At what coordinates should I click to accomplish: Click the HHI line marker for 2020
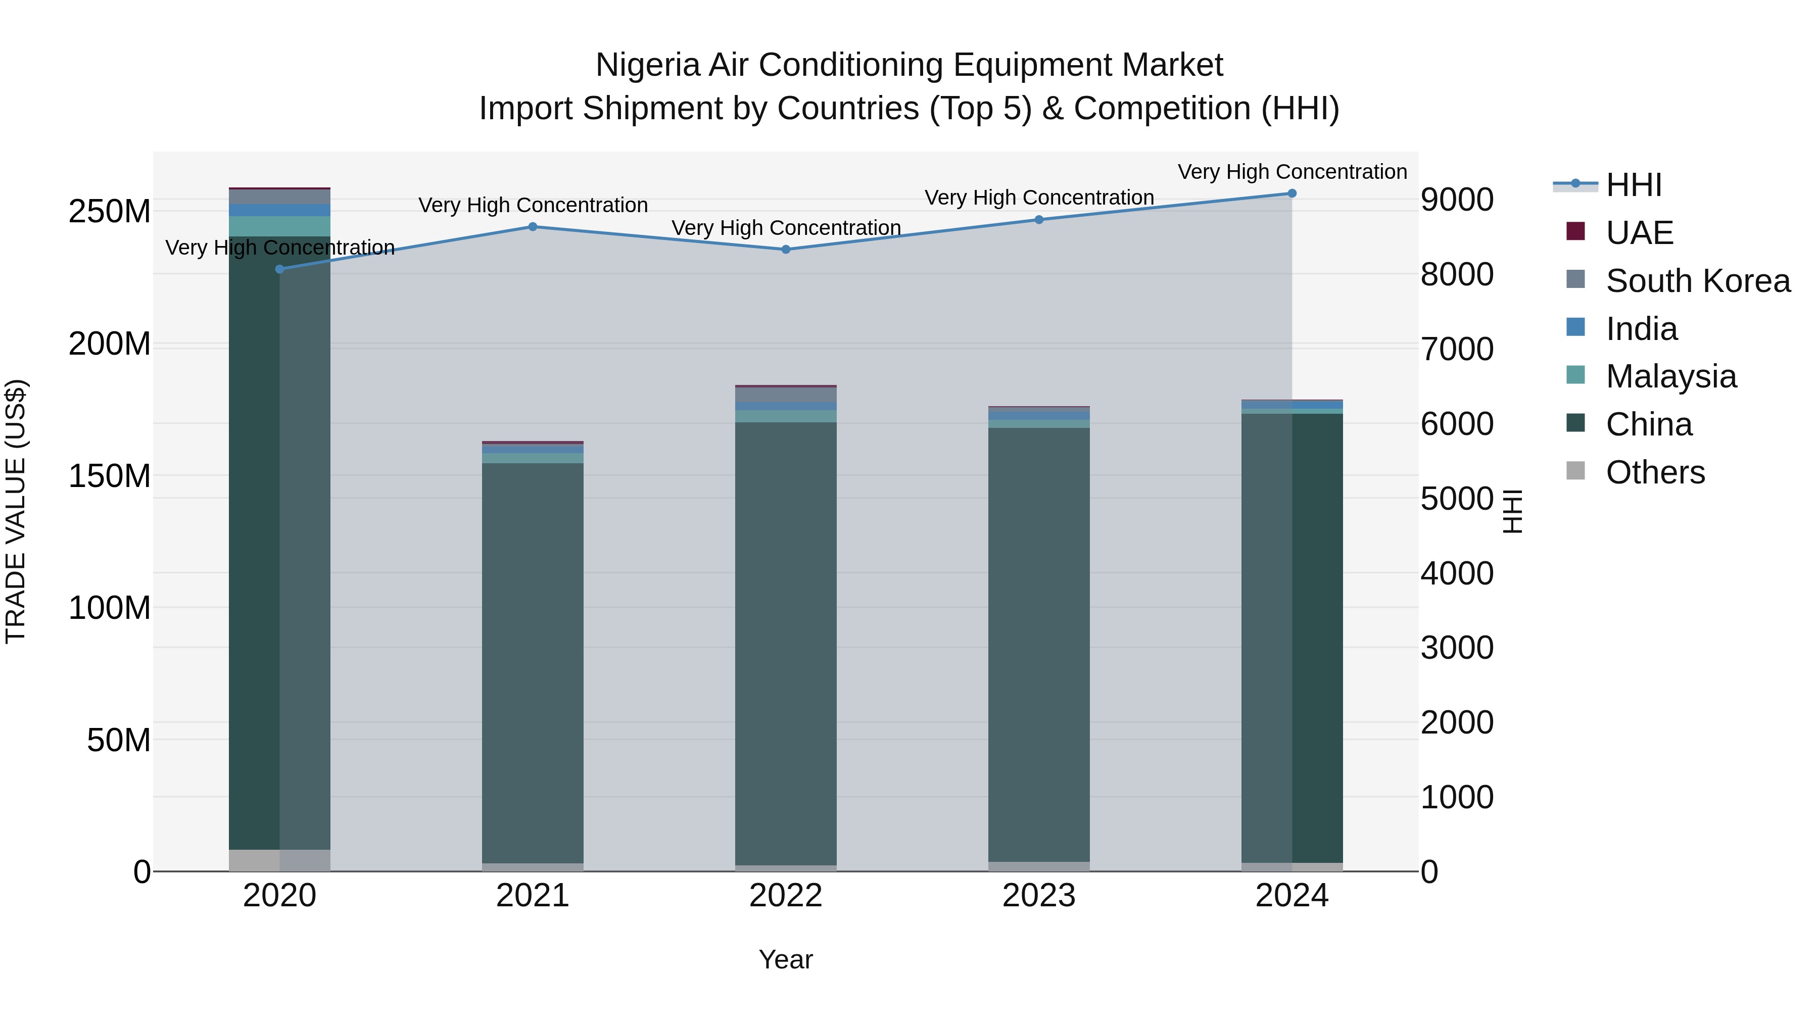point(279,269)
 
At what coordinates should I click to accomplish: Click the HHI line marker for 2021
point(533,227)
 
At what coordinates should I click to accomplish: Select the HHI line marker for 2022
point(786,249)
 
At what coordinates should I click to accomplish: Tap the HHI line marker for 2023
point(1039,220)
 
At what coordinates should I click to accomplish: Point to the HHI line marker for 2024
point(1291,193)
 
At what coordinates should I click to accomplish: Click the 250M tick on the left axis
point(110,212)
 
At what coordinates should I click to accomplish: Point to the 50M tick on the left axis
point(119,740)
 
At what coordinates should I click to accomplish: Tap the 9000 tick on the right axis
point(1457,200)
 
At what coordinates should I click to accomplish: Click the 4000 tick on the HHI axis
point(1457,573)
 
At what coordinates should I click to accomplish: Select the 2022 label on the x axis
point(785,896)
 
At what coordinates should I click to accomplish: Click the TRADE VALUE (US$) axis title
point(16,511)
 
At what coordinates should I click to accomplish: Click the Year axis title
point(785,959)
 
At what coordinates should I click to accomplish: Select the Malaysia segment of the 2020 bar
point(279,226)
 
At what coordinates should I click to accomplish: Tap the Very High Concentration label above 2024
point(1291,172)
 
